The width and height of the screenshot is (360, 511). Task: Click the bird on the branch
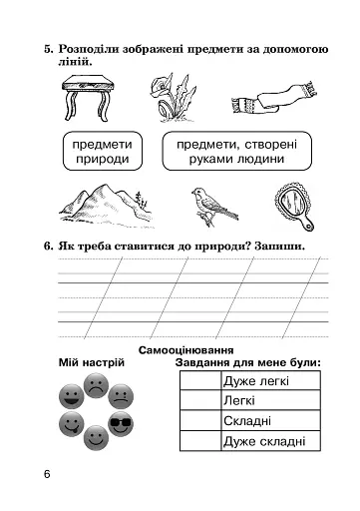pyautogui.click(x=212, y=205)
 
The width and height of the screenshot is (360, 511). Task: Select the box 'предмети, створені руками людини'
pyautogui.click(x=235, y=151)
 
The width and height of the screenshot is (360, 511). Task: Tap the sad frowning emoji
pyautogui.click(x=96, y=384)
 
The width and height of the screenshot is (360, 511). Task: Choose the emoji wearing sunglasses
pyautogui.click(x=123, y=423)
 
